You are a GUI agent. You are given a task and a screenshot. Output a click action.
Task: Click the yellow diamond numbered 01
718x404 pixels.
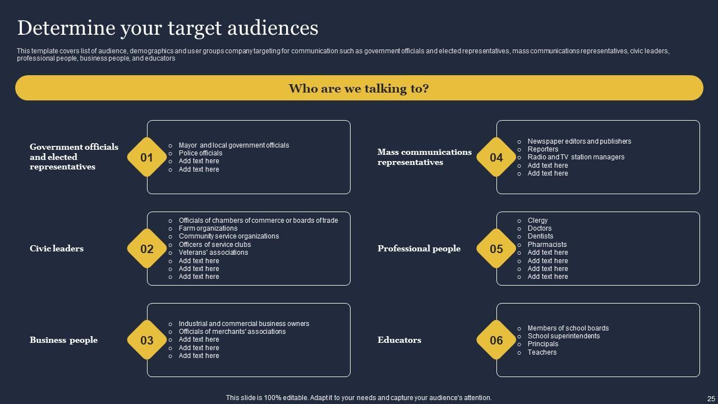pos(146,158)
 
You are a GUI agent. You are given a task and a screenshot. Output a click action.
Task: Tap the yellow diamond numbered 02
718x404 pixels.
pos(146,249)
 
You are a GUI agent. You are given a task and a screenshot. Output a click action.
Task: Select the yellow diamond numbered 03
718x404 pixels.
pos(146,340)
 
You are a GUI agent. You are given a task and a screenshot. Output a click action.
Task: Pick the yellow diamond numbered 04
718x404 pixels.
pos(496,158)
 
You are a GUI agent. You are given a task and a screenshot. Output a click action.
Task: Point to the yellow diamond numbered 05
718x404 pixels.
pos(496,249)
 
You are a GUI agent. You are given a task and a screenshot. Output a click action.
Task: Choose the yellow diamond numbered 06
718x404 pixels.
pos(496,340)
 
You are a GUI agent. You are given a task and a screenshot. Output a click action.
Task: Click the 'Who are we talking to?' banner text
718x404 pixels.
pos(358,89)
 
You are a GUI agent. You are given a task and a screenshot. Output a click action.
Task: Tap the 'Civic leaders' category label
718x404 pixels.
pos(57,249)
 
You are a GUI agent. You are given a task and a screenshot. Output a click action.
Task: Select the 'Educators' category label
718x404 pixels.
pos(399,340)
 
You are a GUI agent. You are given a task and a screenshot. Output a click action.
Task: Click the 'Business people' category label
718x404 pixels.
pos(63,340)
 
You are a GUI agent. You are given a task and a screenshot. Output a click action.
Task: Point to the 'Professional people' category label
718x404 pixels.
pos(419,249)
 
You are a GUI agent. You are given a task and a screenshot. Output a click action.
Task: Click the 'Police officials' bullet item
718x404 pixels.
pos(200,153)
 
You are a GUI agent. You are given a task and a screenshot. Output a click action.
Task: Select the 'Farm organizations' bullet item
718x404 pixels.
pos(208,228)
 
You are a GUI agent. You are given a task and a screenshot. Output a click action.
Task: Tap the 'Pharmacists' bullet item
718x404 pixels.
pos(547,245)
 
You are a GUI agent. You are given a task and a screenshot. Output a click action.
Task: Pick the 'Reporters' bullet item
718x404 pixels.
pos(543,149)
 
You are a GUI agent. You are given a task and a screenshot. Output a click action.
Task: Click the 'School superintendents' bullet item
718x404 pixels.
pos(564,336)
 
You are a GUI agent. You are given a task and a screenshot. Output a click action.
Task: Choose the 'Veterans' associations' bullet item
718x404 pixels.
pos(213,252)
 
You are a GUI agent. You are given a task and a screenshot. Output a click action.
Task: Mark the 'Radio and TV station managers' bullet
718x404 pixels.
pos(576,157)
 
